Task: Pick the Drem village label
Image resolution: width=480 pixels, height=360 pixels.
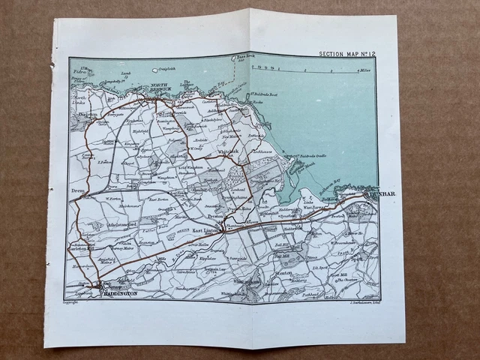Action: point(77,192)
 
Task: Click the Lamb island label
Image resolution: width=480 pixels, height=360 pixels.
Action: point(125,73)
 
